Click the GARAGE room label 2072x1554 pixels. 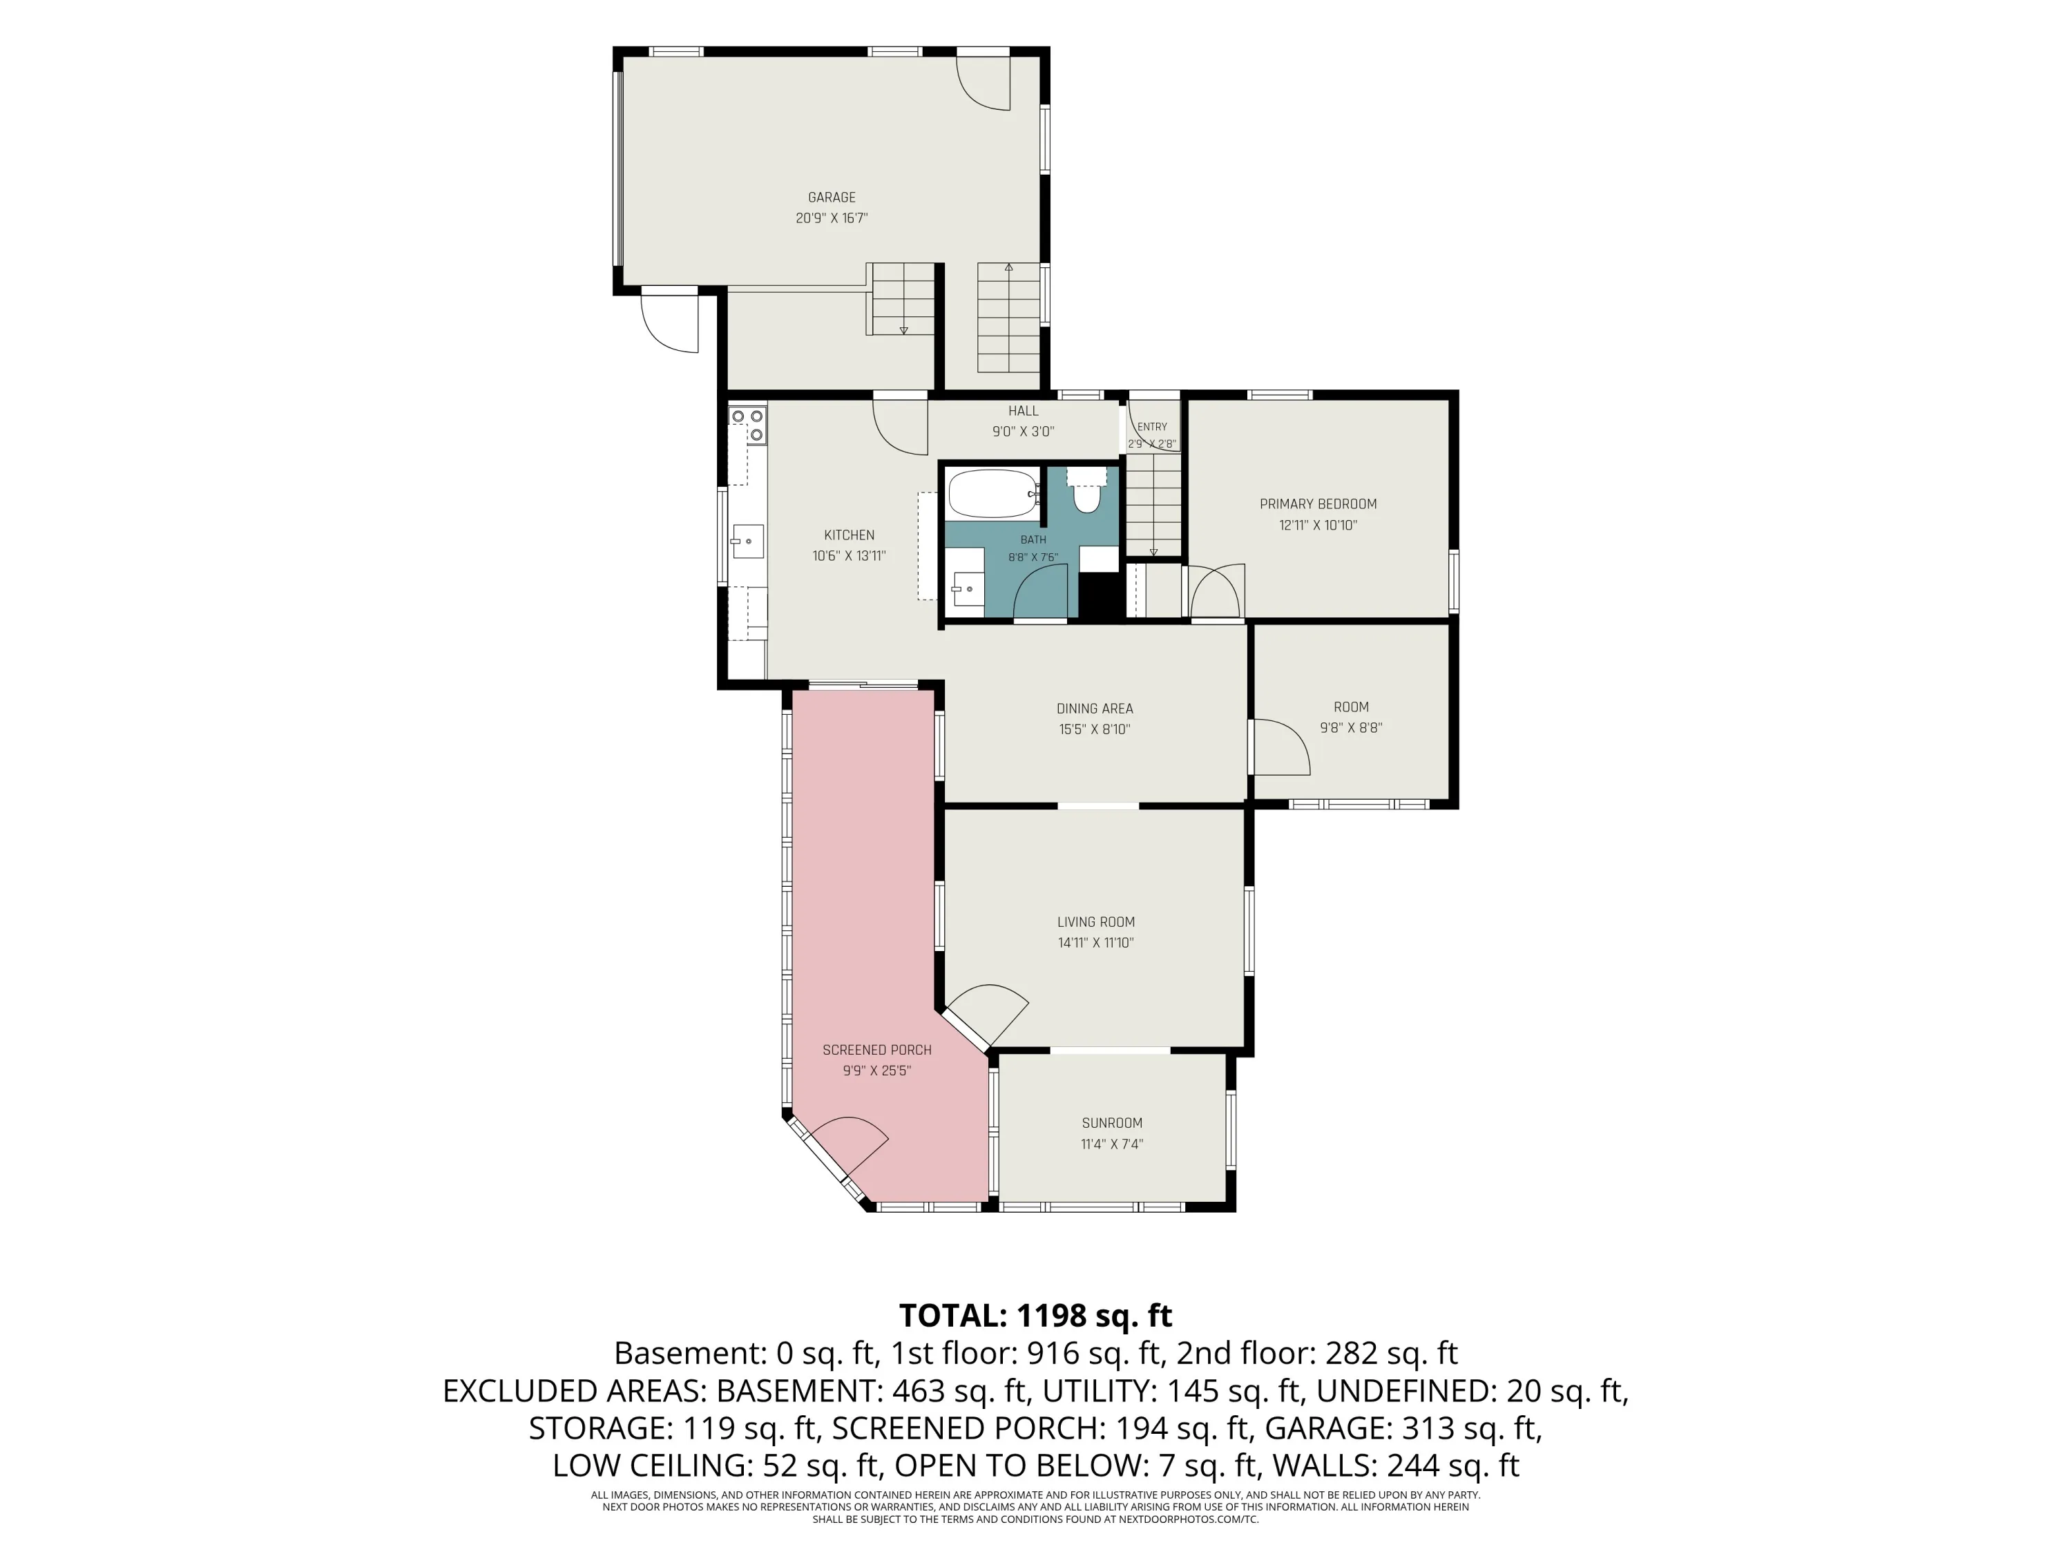pos(832,198)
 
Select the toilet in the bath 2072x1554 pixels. pos(1086,490)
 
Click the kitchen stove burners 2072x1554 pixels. pos(747,424)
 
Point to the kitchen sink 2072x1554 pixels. pos(747,541)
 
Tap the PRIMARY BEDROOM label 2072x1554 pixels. pos(1318,504)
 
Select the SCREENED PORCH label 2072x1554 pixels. pos(876,1050)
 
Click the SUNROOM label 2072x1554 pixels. pos(1112,1123)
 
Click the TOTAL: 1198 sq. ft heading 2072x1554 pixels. pos(1035,1315)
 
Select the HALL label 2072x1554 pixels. pos(1023,411)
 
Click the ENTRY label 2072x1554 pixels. pos(1152,427)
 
